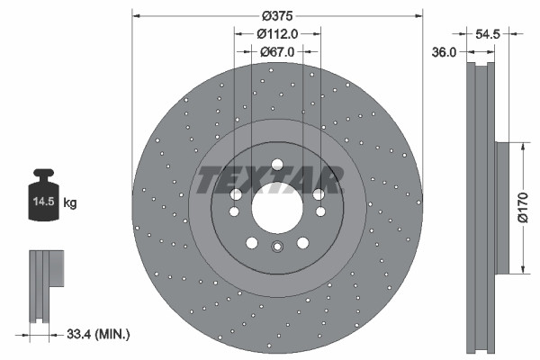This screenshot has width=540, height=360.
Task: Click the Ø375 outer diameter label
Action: click(x=276, y=15)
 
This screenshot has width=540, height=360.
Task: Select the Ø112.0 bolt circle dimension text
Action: click(x=276, y=33)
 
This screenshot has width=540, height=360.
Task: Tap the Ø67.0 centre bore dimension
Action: click(x=277, y=51)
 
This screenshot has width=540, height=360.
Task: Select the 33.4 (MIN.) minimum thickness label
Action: click(x=100, y=335)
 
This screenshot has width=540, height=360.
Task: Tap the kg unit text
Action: click(x=69, y=203)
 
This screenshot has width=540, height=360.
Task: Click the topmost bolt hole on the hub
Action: click(x=277, y=163)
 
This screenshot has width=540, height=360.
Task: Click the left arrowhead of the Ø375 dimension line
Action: click(x=137, y=15)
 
